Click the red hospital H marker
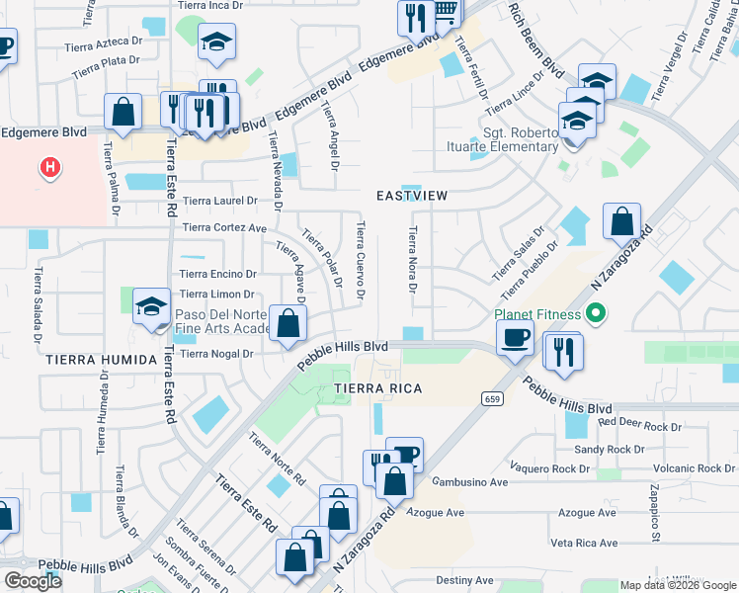[49, 169]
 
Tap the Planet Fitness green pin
[594, 316]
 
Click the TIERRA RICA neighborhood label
[378, 388]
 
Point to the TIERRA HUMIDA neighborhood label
[101, 360]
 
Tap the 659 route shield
[491, 398]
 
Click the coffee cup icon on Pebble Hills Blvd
[515, 337]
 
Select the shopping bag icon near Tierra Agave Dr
[287, 322]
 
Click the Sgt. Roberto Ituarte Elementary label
[521, 139]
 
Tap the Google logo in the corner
[33, 580]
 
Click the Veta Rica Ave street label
[584, 543]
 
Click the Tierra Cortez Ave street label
[225, 228]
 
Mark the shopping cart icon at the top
[447, 12]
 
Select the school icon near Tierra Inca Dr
[216, 42]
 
